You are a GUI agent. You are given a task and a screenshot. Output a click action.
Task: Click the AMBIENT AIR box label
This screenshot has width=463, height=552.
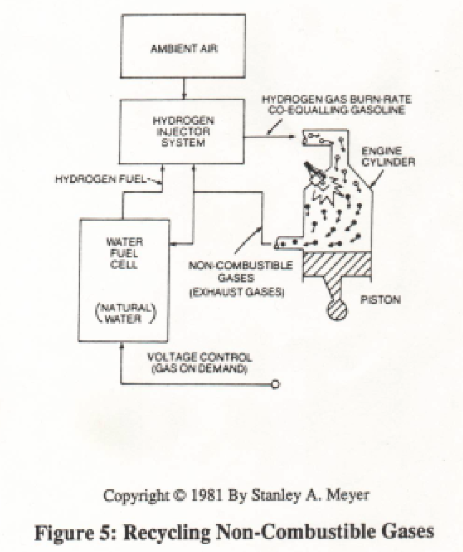(184, 49)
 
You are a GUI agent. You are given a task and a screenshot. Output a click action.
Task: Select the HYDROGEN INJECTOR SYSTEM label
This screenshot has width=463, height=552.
(183, 132)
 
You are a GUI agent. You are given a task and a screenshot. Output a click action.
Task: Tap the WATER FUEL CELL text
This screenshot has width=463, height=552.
(125, 253)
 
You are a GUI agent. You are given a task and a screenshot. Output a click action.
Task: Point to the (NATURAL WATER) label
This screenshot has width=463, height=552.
(126, 313)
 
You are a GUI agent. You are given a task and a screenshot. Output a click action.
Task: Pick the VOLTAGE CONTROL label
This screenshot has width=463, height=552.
(200, 358)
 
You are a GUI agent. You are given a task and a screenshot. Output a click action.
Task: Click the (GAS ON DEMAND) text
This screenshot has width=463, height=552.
(198, 369)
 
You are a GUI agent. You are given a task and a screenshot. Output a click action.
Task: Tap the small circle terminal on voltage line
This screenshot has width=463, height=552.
(276, 384)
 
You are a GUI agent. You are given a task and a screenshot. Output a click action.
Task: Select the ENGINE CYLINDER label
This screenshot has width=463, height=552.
(389, 157)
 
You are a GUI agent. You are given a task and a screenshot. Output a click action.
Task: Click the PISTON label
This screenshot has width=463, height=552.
(381, 300)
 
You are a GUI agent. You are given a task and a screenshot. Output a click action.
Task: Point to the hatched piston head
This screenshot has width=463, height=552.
(337, 264)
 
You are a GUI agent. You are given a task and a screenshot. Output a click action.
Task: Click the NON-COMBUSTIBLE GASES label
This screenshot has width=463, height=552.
(240, 272)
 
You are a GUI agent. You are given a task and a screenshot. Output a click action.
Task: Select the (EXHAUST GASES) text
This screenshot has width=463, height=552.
(236, 292)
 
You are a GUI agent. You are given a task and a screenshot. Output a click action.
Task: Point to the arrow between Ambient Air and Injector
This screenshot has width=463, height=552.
(184, 88)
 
